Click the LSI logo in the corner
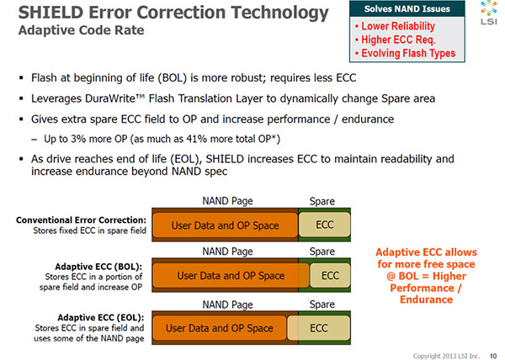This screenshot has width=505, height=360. (x=489, y=13)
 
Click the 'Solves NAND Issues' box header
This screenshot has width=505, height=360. (x=407, y=8)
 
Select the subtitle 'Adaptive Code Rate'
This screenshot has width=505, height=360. (x=81, y=30)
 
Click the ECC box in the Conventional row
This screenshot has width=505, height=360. (x=324, y=225)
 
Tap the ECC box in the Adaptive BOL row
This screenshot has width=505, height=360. (x=330, y=275)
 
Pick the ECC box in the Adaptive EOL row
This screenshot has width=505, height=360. (x=318, y=328)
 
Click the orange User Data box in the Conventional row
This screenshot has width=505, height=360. (x=225, y=225)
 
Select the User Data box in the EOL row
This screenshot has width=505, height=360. (x=220, y=328)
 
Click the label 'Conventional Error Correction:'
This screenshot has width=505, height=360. (x=81, y=220)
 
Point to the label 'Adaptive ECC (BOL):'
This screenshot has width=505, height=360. (x=98, y=267)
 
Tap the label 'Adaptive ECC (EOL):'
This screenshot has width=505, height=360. (x=101, y=318)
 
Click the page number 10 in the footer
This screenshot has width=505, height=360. (x=493, y=356)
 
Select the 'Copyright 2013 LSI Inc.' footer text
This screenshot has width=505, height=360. (x=446, y=356)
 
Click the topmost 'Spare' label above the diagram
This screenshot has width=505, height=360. (x=322, y=201)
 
